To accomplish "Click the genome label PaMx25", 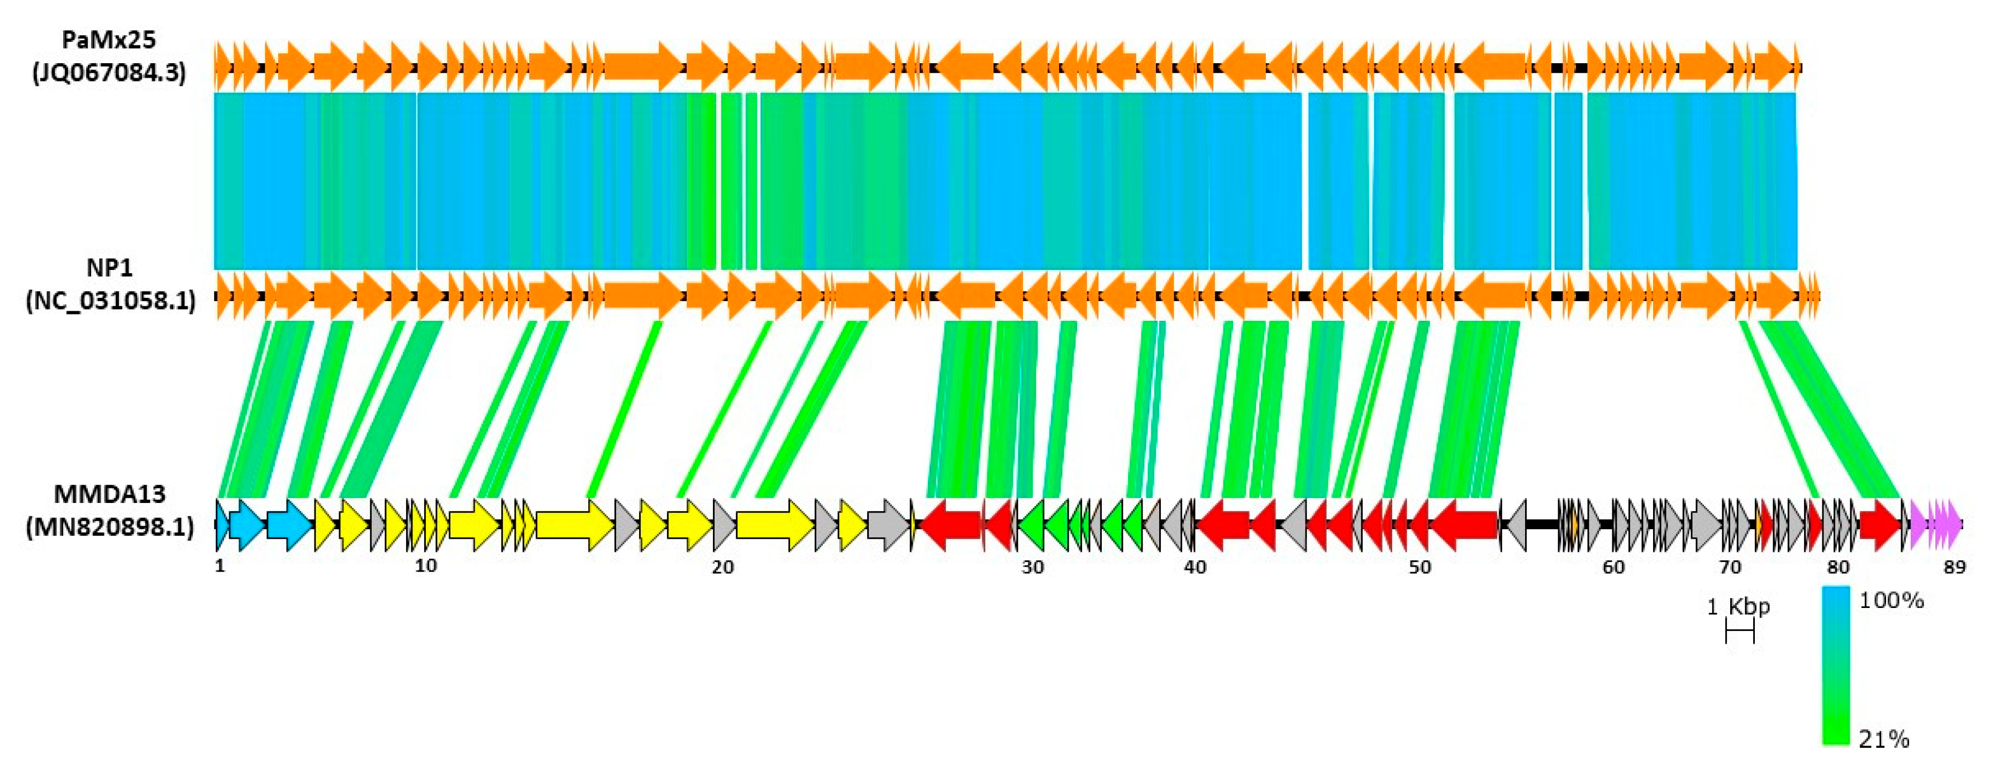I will click(109, 40).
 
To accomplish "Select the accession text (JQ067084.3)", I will click(109, 73).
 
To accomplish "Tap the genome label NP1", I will click(109, 268).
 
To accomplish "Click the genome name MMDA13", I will click(109, 493).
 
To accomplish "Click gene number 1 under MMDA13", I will click(220, 566).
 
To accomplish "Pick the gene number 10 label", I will click(426, 566).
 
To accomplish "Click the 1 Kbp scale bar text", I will click(1738, 607).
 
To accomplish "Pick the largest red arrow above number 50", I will click(1464, 525).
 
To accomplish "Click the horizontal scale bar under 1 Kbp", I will click(1740, 633).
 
